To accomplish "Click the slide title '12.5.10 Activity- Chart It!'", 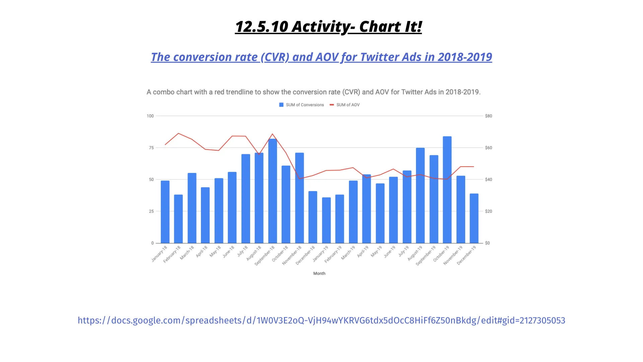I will (x=328, y=26).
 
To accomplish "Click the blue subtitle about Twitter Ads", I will (x=321, y=57).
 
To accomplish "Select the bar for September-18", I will (x=273, y=191).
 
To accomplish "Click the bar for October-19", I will (x=447, y=190).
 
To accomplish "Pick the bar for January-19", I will (x=326, y=220).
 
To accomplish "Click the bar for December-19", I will (x=474, y=218).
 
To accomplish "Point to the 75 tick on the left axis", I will (x=151, y=148).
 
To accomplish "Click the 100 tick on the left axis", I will (x=150, y=116).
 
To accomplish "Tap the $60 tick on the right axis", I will (x=489, y=148).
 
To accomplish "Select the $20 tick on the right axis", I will (x=489, y=211).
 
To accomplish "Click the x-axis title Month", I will (x=319, y=274).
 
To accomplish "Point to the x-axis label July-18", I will (x=243, y=251).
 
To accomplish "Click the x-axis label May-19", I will (x=376, y=251).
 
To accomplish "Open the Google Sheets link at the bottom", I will (x=321, y=320).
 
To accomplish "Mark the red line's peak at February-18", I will (x=178, y=133).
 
